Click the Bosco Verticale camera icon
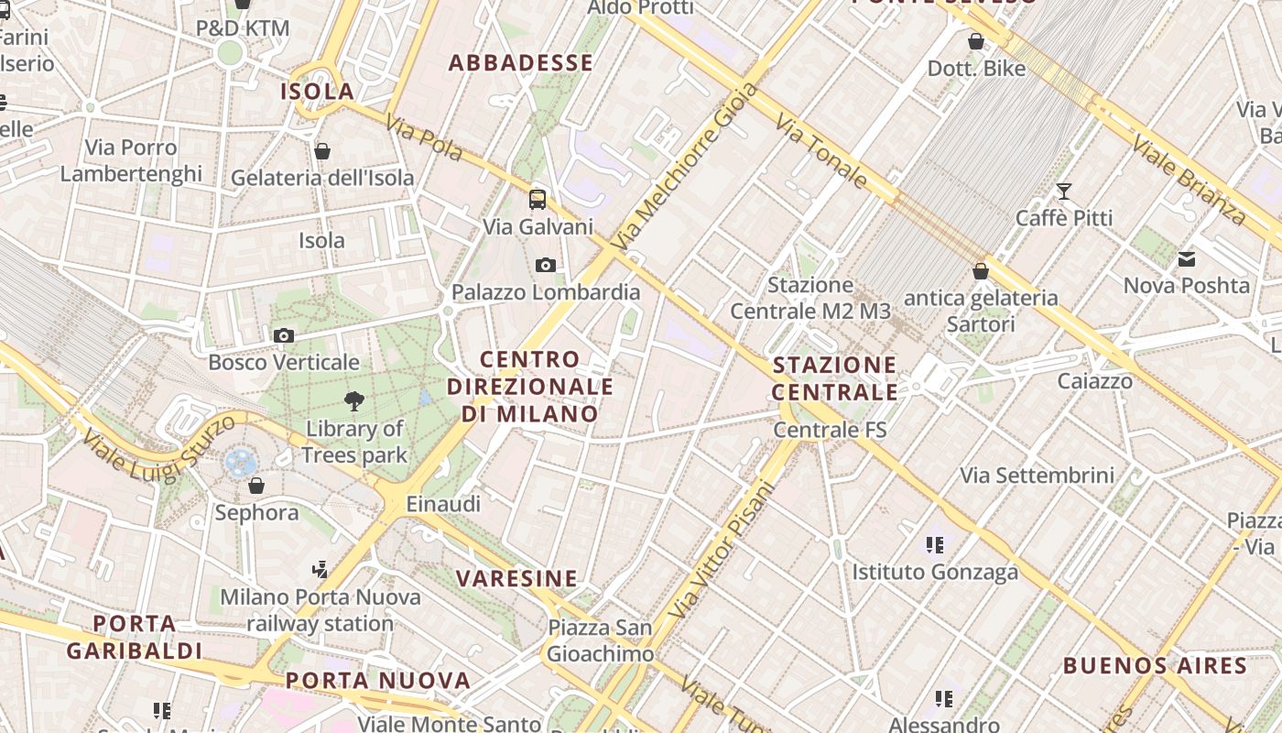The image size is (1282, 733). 284,336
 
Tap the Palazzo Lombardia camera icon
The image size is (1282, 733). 546,266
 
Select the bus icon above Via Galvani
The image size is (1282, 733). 538,199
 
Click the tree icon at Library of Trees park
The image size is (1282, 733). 353,400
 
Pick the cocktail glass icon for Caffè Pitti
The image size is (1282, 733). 1063,191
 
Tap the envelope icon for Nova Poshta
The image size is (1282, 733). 1187,259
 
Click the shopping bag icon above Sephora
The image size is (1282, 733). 256,485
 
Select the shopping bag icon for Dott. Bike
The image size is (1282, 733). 976,41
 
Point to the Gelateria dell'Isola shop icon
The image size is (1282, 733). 322,151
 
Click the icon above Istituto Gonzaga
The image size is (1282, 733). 934,545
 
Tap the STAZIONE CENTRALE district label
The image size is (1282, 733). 835,378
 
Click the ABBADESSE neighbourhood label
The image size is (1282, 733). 520,63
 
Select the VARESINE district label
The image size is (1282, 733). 517,579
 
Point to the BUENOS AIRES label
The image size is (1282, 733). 1155,666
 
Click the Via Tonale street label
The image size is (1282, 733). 820,151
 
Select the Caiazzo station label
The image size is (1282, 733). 1094,381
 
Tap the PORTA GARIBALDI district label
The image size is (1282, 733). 135,638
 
